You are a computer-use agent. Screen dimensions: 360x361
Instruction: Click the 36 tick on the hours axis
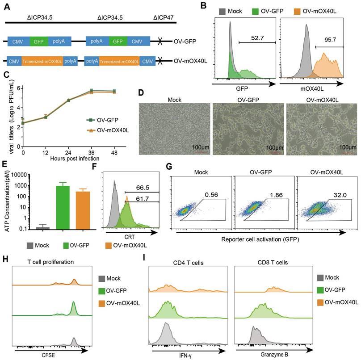pos(91,152)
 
